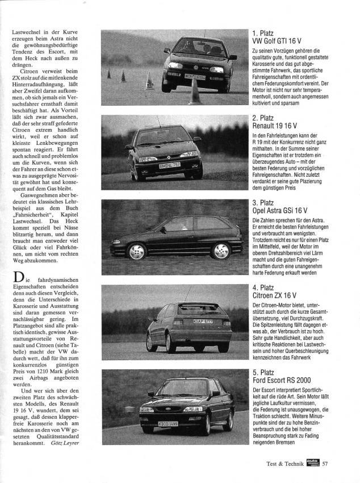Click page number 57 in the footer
[326, 463]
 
